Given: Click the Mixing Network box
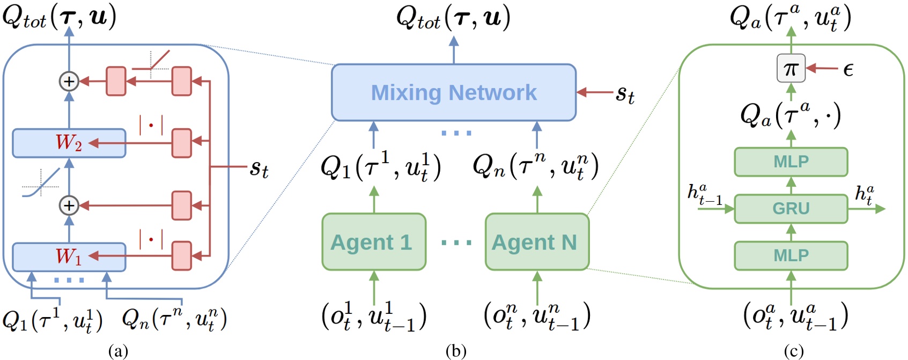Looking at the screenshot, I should pos(454,92).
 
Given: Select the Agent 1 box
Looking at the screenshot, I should pos(374,242).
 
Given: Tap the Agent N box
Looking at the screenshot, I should pos(537,242).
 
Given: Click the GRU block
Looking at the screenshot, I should pos(791,209).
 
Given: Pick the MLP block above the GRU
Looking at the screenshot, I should pos(791,161).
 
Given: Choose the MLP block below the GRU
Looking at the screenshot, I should pos(791,255).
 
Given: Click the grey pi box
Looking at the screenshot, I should pos(791,69).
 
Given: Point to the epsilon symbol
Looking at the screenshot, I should pos(848,70).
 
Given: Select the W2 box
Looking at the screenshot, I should pos(69,143).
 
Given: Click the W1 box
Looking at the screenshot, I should pos(69,257).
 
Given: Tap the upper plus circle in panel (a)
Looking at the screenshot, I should pos(69,82).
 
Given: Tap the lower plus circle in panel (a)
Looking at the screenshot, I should pos(69,205).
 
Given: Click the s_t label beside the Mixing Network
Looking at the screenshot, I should pos(625,95).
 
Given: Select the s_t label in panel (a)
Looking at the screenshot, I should pos(259,169).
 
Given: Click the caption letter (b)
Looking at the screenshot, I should pos(456,351).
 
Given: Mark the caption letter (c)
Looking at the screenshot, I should pos(794,351).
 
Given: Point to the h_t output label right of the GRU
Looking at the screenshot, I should pos(864,195).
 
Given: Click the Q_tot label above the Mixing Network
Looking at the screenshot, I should pos(454,18).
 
